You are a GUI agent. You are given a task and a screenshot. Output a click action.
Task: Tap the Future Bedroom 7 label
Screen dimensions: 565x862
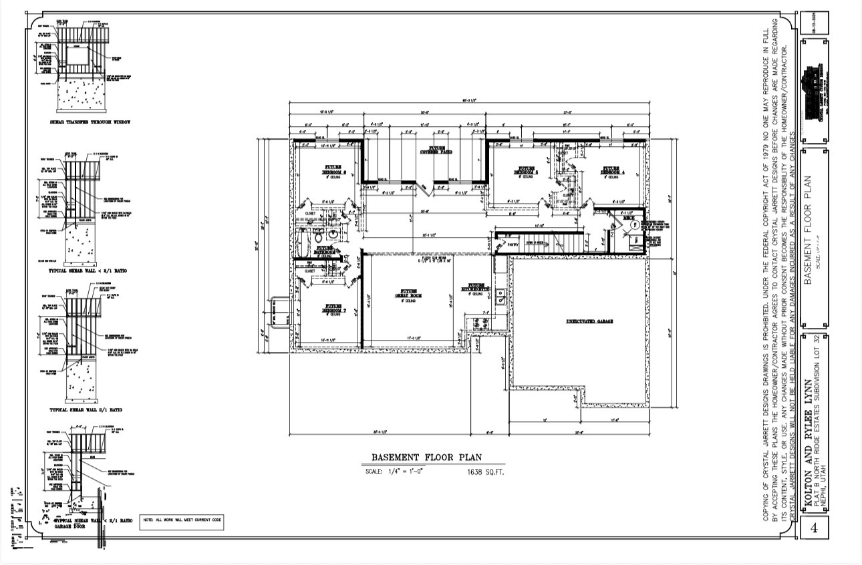click(x=335, y=309)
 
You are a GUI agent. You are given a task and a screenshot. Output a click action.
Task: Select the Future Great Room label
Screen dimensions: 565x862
click(x=409, y=294)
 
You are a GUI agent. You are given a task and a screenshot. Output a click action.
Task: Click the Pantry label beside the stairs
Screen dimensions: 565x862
click(x=513, y=245)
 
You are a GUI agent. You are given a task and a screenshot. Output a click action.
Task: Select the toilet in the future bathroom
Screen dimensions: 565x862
click(x=319, y=236)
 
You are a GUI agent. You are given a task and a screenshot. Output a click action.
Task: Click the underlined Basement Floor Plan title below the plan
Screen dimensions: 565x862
click(x=426, y=457)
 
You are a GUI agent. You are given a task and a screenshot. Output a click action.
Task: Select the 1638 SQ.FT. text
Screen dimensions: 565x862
click(x=485, y=472)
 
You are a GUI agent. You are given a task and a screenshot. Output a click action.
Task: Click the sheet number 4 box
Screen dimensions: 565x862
click(x=814, y=528)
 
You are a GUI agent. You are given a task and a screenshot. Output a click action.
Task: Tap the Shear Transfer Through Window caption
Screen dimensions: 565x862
click(x=90, y=123)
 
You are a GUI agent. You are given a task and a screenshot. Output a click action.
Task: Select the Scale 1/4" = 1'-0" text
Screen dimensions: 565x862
click(x=394, y=472)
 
